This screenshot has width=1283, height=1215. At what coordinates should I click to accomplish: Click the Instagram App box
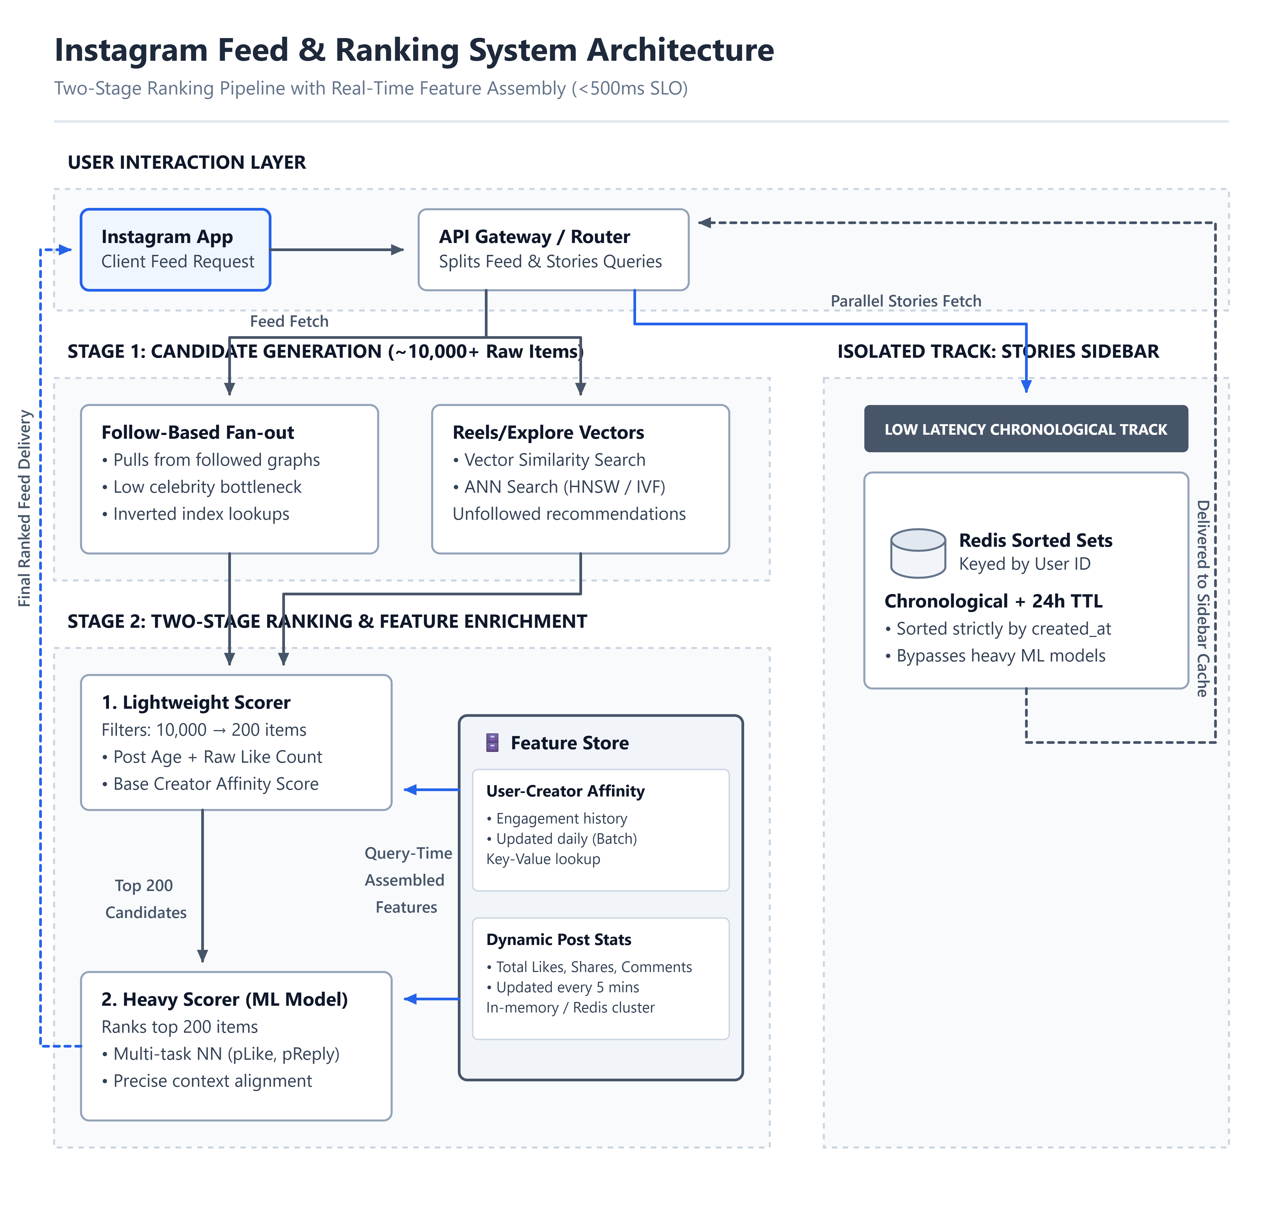(175, 249)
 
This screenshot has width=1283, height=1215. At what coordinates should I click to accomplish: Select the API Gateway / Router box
(553, 249)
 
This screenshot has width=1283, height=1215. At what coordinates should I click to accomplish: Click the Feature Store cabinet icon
(492, 742)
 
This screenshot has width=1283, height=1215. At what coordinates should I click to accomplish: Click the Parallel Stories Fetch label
(906, 301)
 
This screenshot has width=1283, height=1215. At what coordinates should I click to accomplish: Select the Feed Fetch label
(289, 321)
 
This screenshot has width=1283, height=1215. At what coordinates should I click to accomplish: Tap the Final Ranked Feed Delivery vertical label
(25, 508)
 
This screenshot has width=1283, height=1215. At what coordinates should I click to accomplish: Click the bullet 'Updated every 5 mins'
(562, 987)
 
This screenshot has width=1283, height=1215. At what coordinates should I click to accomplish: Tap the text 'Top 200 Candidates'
(145, 899)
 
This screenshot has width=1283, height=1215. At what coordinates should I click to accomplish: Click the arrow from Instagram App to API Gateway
(337, 249)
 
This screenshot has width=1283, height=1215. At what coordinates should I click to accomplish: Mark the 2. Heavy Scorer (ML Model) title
(224, 999)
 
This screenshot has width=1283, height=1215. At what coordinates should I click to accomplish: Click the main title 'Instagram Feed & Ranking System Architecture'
(414, 50)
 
